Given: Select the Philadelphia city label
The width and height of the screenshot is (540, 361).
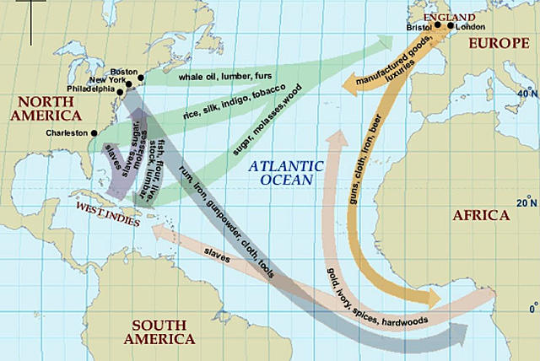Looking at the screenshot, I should point(94,89).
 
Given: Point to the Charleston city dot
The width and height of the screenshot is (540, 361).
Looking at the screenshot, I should point(94,132).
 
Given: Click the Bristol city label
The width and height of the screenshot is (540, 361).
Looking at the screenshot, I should point(418,28).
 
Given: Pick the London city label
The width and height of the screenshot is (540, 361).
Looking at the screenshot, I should point(471,28).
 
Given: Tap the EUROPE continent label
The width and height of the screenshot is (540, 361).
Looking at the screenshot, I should point(498,40).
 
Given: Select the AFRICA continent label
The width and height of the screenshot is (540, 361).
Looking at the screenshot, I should point(481,215).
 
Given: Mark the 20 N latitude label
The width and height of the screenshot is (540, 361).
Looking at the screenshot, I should point(526,203).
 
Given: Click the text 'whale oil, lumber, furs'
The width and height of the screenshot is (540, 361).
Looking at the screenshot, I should point(219,78).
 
